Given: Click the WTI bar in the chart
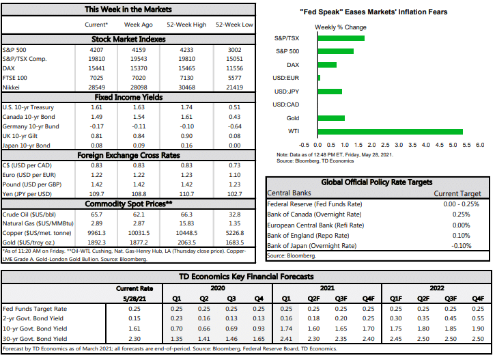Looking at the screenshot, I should pyautogui.click(x=390, y=131).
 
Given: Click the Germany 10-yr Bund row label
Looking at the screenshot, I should pyautogui.click(x=31, y=126).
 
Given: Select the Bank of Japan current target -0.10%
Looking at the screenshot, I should pyautogui.click(x=462, y=245).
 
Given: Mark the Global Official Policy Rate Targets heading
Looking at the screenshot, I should pyautogui.click(x=377, y=182).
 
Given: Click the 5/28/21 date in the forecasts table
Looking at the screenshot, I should pyautogui.click(x=139, y=299).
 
